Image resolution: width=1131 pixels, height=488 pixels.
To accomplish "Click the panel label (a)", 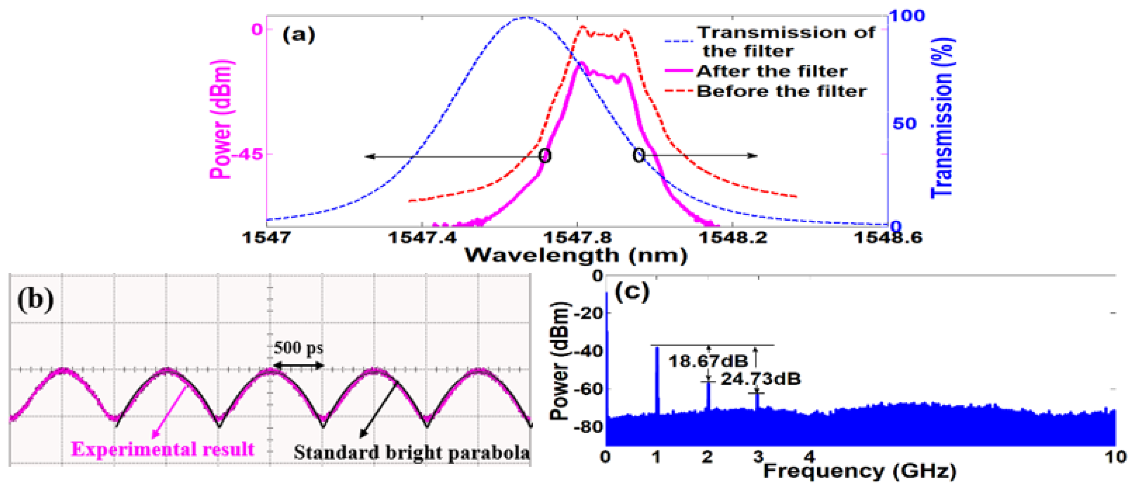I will point(298,35).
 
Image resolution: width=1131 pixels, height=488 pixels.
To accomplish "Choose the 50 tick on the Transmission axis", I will point(905,124).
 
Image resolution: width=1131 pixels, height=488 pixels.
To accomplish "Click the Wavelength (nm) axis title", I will point(576,256).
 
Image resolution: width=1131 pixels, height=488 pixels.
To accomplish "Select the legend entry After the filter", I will point(771,71).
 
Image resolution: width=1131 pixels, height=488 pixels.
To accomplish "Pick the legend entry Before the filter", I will point(782,91).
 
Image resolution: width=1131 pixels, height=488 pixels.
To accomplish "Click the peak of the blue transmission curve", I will point(526,18).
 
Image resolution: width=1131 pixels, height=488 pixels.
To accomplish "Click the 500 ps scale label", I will point(298,348).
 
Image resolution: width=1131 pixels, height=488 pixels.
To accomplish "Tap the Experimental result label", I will point(163,449).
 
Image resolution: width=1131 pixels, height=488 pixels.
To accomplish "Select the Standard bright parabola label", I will point(412,453).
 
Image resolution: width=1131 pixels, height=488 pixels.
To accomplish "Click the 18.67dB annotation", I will point(708,361).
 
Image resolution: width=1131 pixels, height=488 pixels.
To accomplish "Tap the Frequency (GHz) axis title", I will point(859,471).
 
